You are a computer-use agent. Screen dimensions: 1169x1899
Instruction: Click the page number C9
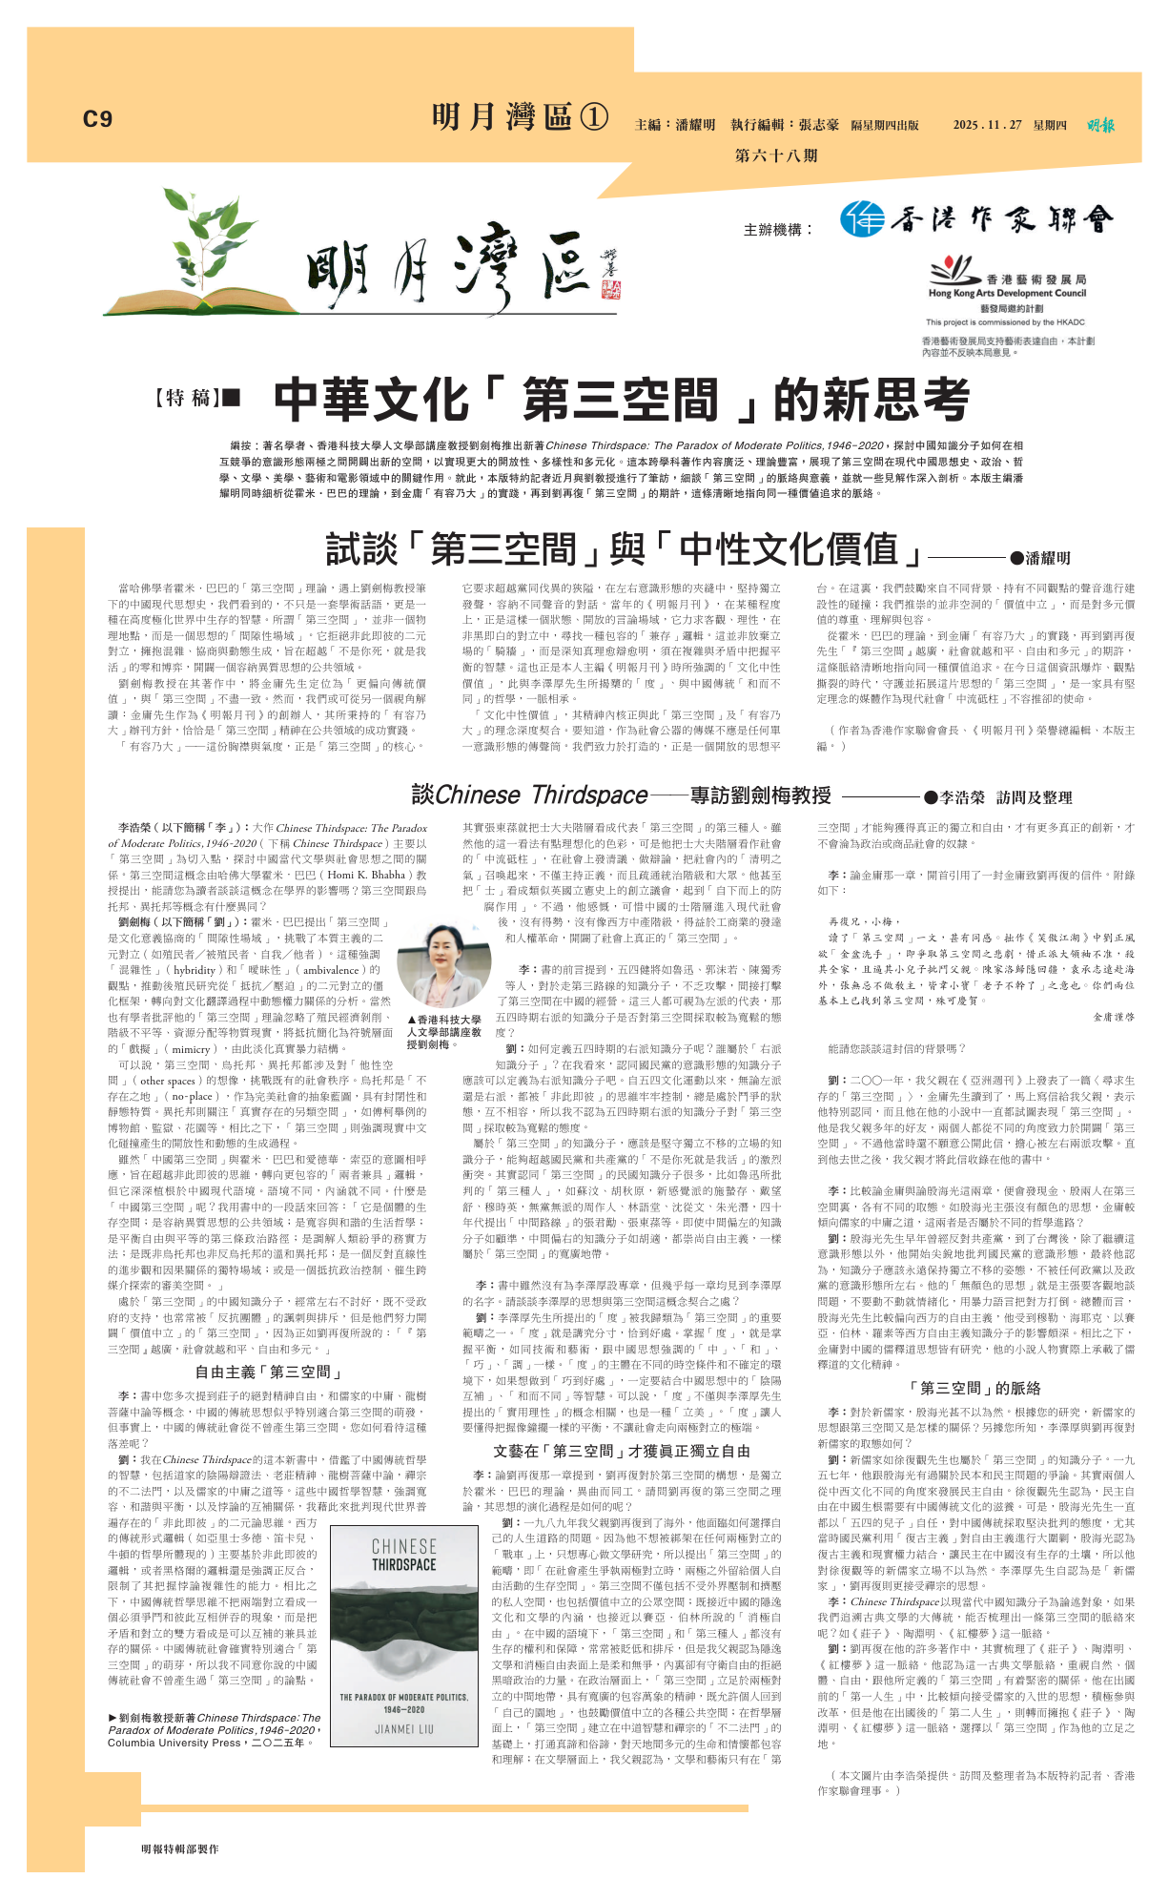[97, 119]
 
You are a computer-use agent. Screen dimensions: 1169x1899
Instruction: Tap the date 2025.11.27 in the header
[987, 125]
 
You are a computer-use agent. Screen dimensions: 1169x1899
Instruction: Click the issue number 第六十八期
[775, 155]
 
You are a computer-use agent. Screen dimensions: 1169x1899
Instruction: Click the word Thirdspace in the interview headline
[589, 795]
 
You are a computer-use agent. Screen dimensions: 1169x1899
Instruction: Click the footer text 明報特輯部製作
[180, 1848]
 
